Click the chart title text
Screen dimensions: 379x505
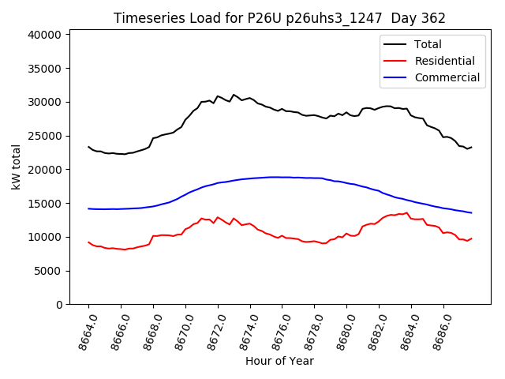pos(279,18)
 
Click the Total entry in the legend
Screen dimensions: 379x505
pos(428,44)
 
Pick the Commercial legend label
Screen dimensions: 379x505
pos(447,77)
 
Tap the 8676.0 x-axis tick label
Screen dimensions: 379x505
pos(275,331)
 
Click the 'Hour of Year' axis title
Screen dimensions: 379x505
pos(279,362)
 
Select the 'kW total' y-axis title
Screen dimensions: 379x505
pos(16,167)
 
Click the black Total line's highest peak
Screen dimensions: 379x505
pos(234,95)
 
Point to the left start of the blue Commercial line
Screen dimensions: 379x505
pos(88,208)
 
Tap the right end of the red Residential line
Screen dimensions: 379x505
pos(471,238)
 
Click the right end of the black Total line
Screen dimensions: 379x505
pos(471,147)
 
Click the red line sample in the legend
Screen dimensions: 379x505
pos(395,61)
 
